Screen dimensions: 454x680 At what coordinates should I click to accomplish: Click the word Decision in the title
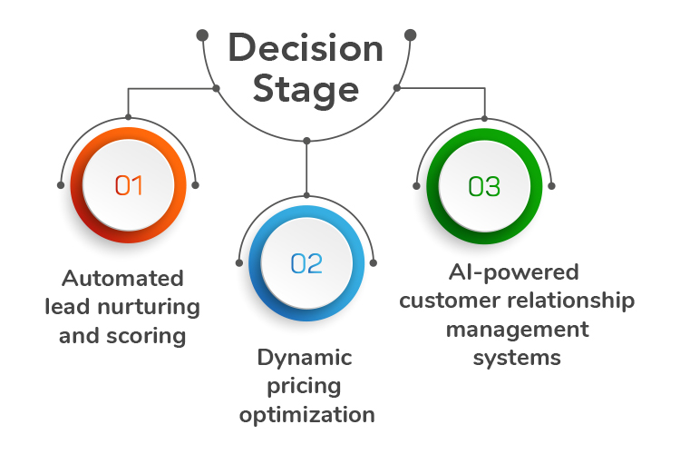[x=306, y=48]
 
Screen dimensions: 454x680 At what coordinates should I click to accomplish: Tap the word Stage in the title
[x=306, y=89]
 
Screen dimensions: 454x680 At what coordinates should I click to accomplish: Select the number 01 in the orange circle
[x=129, y=186]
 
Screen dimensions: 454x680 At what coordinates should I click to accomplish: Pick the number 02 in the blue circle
[x=306, y=264]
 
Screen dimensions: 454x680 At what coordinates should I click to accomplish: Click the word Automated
[x=122, y=278]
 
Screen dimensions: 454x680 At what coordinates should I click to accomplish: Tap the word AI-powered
[x=513, y=271]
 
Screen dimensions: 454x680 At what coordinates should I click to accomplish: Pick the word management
[x=516, y=329]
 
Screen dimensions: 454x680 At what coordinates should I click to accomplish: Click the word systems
[x=516, y=358]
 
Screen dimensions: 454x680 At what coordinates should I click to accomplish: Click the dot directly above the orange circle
[x=129, y=117]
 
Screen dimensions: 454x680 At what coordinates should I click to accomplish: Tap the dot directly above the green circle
[x=484, y=117]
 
